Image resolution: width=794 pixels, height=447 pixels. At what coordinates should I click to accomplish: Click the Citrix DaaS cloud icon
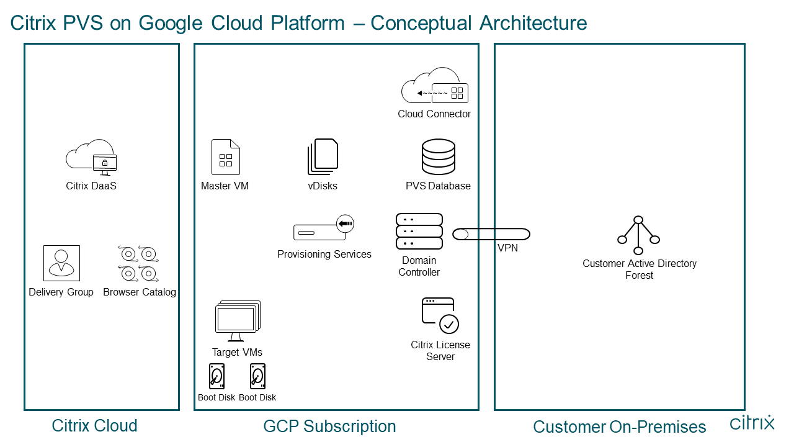91,156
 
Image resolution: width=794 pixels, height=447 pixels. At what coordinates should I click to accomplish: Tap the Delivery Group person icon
61,263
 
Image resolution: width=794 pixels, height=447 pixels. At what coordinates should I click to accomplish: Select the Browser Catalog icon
138,263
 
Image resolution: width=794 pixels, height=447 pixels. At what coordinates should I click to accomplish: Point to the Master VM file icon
226,157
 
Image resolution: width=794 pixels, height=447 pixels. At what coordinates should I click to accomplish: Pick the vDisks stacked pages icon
323,157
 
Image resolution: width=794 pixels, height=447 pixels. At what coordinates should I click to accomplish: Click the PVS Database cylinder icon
438,157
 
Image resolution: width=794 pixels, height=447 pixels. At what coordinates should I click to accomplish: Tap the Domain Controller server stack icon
419,231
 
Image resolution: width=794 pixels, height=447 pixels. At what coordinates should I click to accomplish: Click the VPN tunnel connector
491,234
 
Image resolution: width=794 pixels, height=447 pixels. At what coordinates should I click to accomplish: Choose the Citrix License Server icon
440,315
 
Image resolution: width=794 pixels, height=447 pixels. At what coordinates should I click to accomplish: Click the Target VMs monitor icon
238,320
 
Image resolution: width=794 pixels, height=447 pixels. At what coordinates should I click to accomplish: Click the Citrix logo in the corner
752,423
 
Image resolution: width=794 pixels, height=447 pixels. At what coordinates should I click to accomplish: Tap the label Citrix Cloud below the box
94,426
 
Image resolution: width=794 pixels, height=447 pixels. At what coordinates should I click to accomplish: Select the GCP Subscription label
329,427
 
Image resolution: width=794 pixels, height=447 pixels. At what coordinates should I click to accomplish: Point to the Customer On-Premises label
619,427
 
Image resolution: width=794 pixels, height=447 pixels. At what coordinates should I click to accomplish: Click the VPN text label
507,248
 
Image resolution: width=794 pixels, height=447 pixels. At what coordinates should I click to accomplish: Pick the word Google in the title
171,23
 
